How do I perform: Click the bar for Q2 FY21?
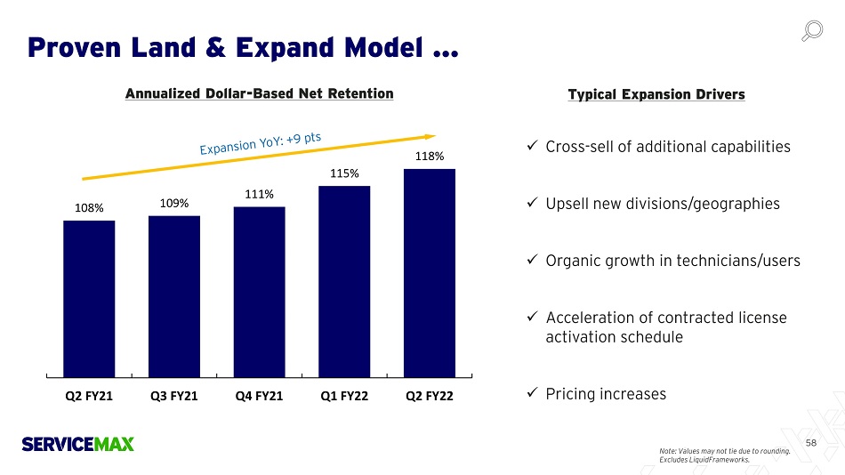click(x=89, y=298)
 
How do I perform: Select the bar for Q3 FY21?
click(x=174, y=296)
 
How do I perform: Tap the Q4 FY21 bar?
click(x=259, y=292)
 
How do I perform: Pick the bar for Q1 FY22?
click(x=344, y=281)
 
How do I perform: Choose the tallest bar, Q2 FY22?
click(x=430, y=272)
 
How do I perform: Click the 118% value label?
click(x=430, y=157)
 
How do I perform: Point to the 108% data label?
click(x=89, y=208)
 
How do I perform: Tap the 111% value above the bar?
click(x=259, y=194)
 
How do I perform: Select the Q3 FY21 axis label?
click(x=174, y=396)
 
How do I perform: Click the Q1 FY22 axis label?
click(x=344, y=396)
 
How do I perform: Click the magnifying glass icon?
click(x=811, y=31)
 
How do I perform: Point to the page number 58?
click(x=810, y=442)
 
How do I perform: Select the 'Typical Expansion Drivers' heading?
click(x=656, y=94)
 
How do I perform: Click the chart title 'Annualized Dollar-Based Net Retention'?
click(x=259, y=93)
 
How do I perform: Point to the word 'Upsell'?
click(x=567, y=204)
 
